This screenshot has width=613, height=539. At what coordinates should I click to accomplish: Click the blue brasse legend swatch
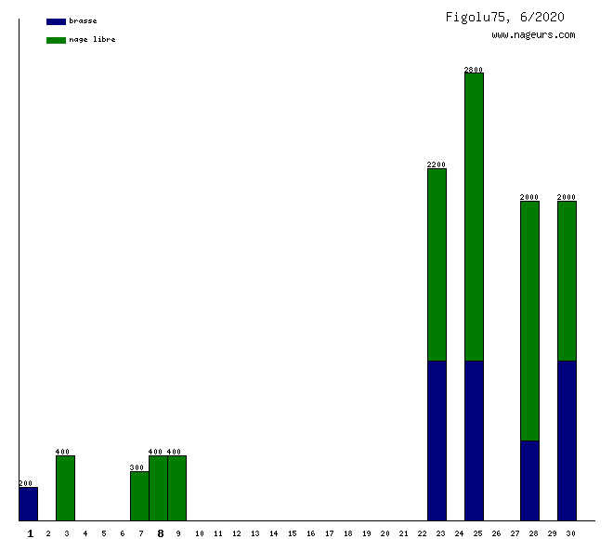tap(56, 21)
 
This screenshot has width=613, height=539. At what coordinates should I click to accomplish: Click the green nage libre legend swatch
tap(56, 40)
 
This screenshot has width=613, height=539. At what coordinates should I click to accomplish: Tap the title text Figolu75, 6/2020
tap(504, 17)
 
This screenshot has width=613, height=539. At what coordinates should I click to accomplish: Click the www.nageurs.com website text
tap(533, 35)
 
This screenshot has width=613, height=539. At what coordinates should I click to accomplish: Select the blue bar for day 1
tap(28, 504)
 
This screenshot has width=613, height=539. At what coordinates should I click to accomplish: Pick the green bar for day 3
tap(65, 488)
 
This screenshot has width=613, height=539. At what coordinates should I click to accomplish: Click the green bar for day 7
tap(139, 495)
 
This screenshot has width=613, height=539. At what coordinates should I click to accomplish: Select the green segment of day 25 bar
tap(474, 216)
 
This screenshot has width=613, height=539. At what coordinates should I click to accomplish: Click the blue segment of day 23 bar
tap(437, 440)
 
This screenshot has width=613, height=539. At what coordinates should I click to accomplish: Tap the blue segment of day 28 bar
tap(529, 480)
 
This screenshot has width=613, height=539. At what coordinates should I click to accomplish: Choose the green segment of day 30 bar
tap(567, 281)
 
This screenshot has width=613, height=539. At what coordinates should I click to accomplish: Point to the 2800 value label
tap(474, 69)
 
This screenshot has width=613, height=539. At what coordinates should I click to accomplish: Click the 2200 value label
tap(437, 164)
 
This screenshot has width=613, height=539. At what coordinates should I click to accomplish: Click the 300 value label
tap(137, 467)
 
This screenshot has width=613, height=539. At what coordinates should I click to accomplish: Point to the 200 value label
tap(26, 483)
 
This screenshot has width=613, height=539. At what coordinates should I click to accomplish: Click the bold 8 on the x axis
tap(160, 533)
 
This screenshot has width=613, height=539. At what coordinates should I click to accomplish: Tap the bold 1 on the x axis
tap(30, 533)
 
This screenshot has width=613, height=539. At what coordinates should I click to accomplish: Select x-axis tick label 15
tap(292, 533)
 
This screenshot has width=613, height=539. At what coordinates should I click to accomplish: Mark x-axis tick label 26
tap(496, 533)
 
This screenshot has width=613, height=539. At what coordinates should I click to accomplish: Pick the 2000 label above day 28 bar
tap(529, 197)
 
